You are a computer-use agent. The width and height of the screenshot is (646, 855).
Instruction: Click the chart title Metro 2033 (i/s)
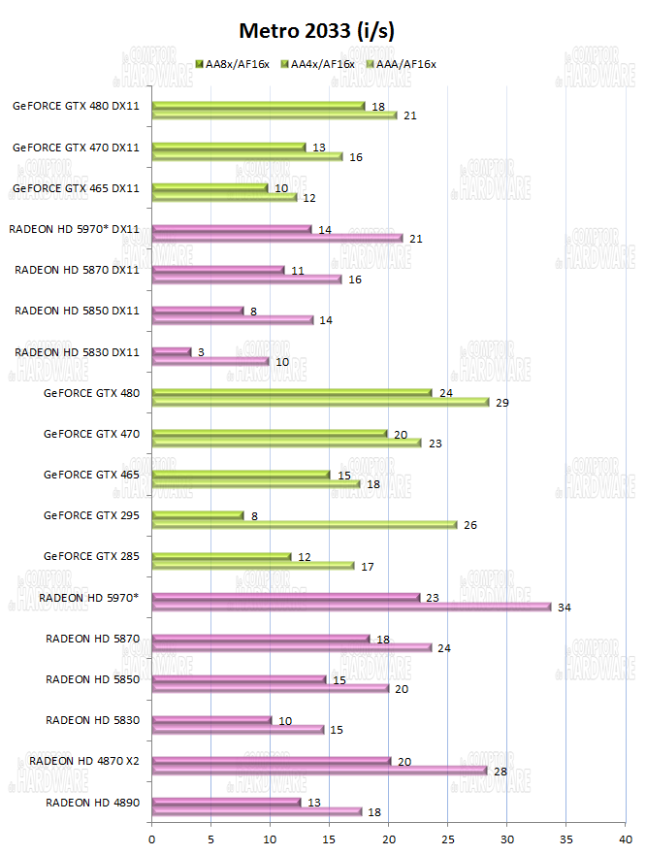(x=318, y=32)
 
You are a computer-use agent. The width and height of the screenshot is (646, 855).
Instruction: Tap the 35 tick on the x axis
(x=566, y=834)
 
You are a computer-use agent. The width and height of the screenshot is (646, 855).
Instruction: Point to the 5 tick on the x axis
(x=211, y=834)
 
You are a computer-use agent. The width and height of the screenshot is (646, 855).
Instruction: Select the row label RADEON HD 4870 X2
(x=84, y=760)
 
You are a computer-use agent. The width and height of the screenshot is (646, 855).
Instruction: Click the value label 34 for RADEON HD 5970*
(x=565, y=608)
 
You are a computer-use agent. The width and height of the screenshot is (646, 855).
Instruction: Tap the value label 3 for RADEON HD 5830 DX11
(x=201, y=351)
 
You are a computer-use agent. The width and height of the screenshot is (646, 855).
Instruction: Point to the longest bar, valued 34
(x=351, y=608)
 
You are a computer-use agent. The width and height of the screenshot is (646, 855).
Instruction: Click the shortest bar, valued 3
(x=172, y=351)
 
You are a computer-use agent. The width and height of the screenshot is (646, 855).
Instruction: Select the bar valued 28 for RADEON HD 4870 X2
(x=320, y=771)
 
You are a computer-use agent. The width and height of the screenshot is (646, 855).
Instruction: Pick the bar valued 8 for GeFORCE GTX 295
(x=198, y=515)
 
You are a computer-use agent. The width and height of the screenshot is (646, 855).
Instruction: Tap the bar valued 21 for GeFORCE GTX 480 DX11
(x=275, y=115)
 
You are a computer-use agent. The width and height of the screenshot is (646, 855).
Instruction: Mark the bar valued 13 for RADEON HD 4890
(x=227, y=802)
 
